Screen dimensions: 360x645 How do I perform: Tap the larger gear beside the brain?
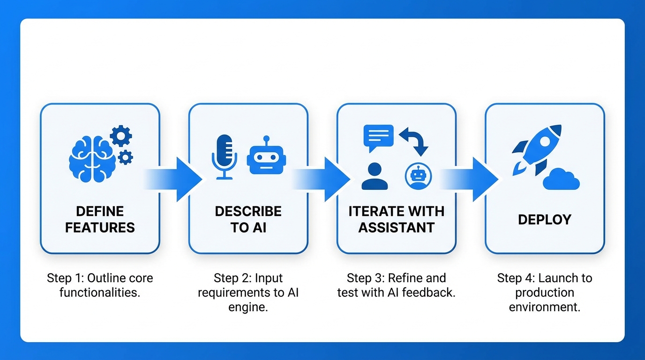click(x=120, y=136)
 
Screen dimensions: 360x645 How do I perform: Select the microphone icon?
click(x=224, y=156)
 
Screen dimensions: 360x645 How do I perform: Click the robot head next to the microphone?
click(x=266, y=157)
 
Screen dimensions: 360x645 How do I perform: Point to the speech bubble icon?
click(x=378, y=137)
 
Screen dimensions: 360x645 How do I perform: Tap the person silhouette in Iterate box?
click(x=375, y=177)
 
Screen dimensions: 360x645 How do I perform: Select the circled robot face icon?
click(x=418, y=177)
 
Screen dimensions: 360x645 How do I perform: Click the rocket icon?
click(x=536, y=149)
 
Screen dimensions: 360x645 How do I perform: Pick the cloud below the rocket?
click(x=561, y=180)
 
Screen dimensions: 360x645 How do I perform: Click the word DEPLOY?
click(x=545, y=219)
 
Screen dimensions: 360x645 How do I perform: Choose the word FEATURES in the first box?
click(x=100, y=228)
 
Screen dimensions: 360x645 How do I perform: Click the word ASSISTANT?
click(x=396, y=228)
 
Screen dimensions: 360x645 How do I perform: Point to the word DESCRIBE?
click(x=248, y=211)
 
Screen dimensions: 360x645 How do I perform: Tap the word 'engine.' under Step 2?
click(x=248, y=308)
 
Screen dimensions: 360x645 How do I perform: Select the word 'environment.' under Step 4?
click(x=545, y=307)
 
